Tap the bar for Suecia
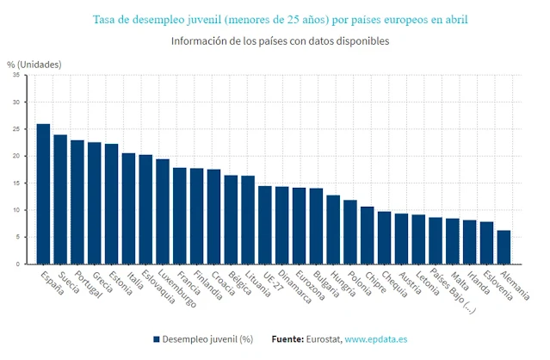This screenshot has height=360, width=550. pyautogui.click(x=60, y=199)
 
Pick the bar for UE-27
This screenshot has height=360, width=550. pyautogui.click(x=265, y=225)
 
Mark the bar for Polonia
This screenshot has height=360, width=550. pyautogui.click(x=350, y=232)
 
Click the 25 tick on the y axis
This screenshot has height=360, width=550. pyautogui.click(x=15, y=129)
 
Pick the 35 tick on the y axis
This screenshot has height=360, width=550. pyautogui.click(x=15, y=75)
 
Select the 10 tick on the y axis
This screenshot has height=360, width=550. pyautogui.click(x=15, y=210)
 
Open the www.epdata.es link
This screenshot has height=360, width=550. pyautogui.click(x=377, y=338)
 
